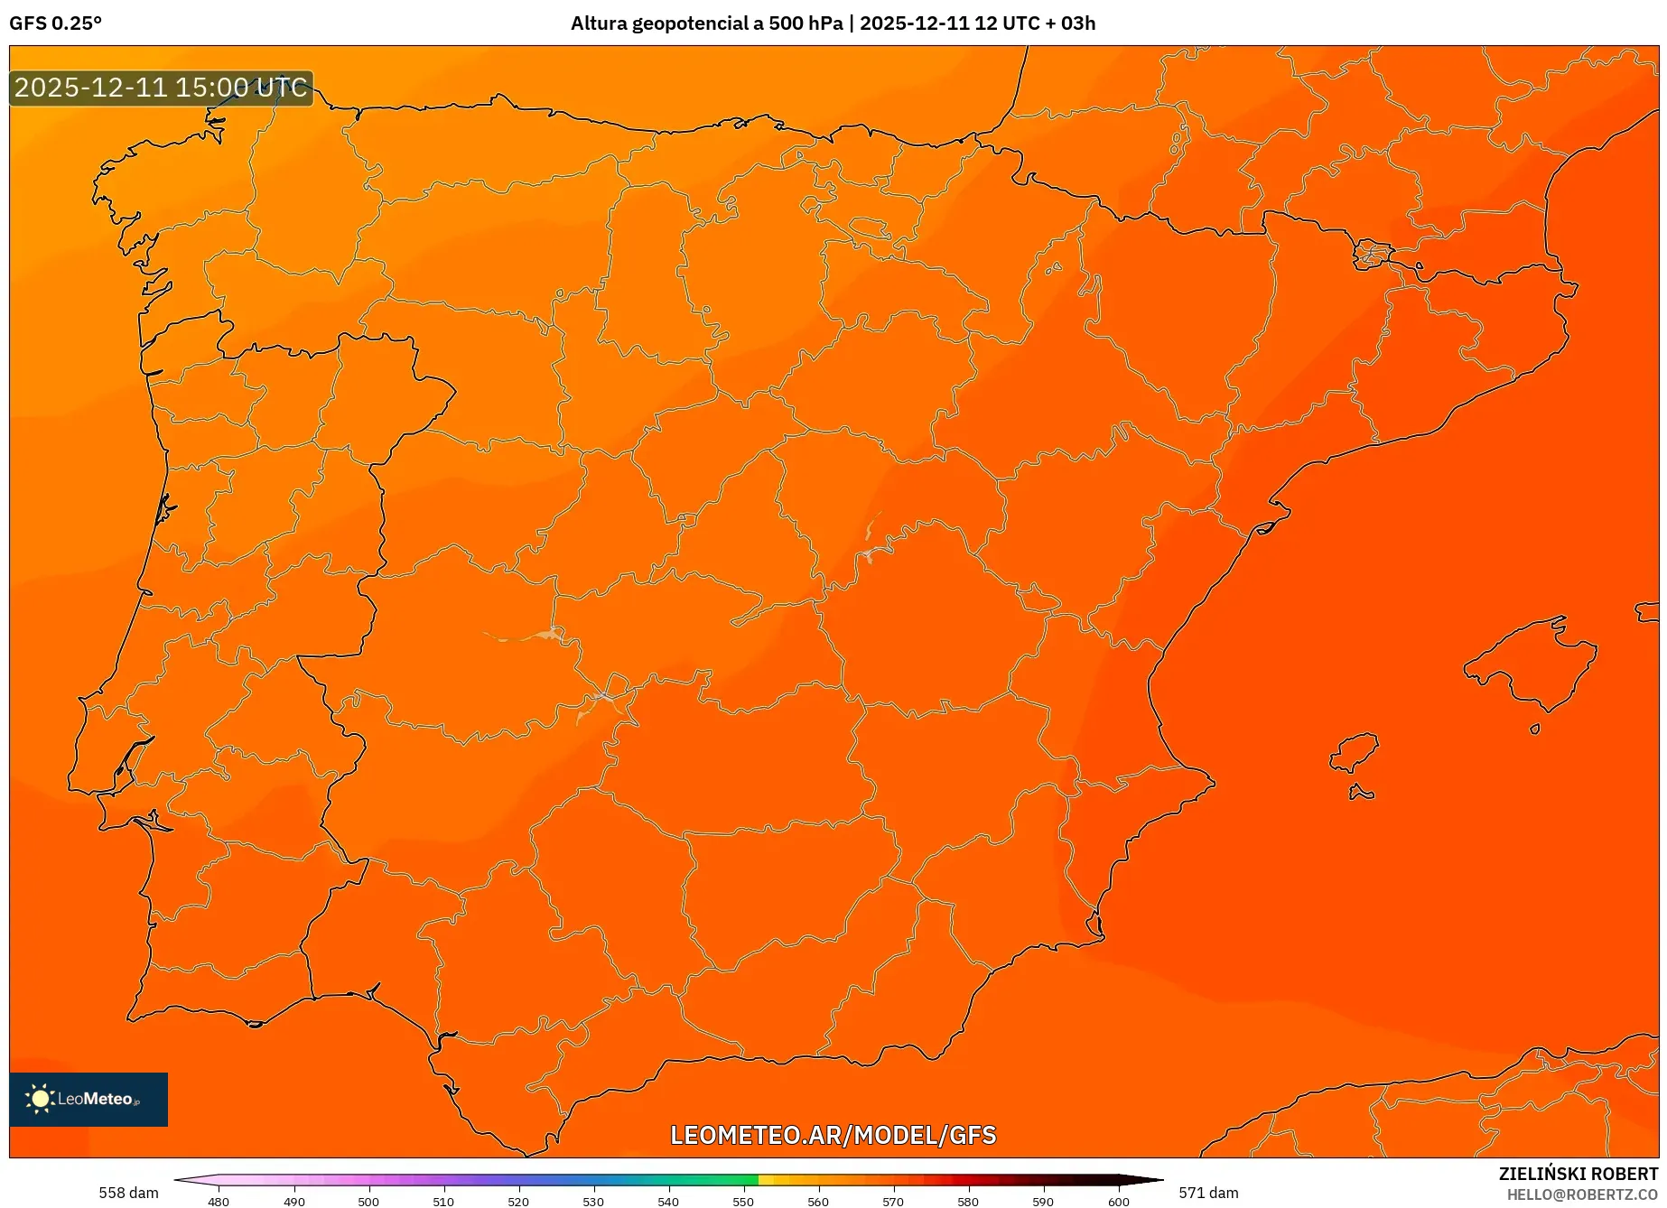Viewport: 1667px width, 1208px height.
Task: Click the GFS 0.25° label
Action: click(x=55, y=23)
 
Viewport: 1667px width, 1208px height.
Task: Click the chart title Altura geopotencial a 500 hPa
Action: click(x=706, y=23)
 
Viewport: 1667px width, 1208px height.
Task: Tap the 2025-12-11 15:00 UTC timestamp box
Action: click(x=162, y=88)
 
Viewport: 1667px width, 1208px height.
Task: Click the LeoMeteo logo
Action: click(x=88, y=1099)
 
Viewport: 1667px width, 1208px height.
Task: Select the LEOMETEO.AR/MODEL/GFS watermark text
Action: click(x=833, y=1135)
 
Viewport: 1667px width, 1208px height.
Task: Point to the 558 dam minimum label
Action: click(x=128, y=1193)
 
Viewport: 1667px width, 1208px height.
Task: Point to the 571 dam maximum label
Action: click(x=1208, y=1193)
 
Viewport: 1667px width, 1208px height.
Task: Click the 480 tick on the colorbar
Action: click(x=219, y=1201)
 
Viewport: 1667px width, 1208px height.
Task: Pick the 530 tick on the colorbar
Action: click(x=593, y=1201)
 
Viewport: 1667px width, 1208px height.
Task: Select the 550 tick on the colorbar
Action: click(x=743, y=1201)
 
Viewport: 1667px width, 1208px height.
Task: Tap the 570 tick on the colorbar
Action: click(x=893, y=1201)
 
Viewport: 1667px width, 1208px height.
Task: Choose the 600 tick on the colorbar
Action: click(x=1119, y=1201)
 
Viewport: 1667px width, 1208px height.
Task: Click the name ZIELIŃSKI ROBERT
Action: click(x=1579, y=1174)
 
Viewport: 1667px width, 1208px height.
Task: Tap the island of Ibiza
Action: click(x=1355, y=752)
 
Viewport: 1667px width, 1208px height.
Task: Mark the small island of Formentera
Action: click(x=1361, y=794)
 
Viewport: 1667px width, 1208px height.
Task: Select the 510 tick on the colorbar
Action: click(x=443, y=1201)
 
